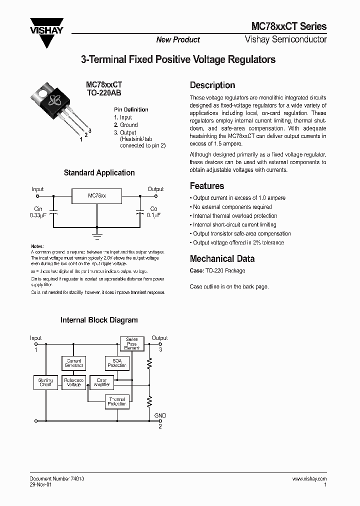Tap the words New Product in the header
point(178,40)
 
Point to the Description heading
point(212,85)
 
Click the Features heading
point(207,186)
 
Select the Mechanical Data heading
point(222,258)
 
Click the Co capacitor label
point(153,208)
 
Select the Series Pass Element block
point(131,343)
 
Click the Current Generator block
point(73,363)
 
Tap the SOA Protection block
point(117,363)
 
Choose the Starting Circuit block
point(45,382)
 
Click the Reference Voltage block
point(73,382)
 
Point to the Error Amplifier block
point(101,382)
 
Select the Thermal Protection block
point(117,401)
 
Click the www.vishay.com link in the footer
point(309,478)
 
